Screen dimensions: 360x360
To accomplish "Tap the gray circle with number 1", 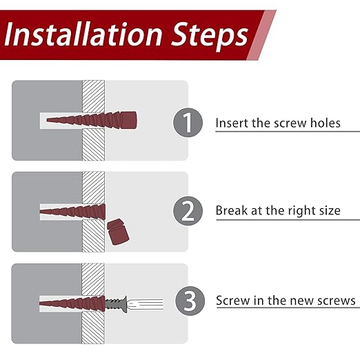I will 187,123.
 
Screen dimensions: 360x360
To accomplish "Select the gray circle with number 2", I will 187,210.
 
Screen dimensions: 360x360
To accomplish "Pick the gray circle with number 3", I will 187,301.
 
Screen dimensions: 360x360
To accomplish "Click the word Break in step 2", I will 232,210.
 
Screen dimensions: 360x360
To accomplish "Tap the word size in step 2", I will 328,210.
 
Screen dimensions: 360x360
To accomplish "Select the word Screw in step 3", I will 234,301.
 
